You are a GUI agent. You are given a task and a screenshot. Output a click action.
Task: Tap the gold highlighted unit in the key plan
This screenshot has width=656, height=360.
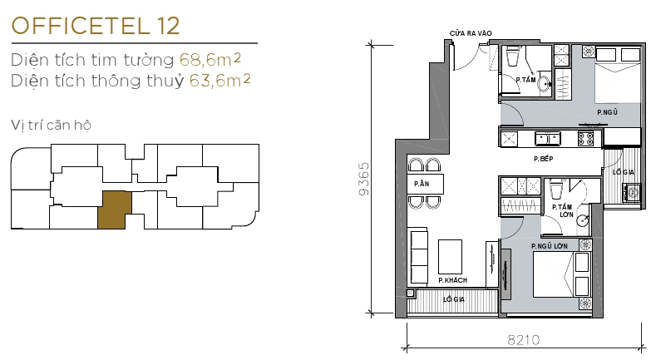(x=114, y=209)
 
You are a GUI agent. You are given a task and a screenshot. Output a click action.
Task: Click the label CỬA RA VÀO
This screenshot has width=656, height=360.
(x=471, y=33)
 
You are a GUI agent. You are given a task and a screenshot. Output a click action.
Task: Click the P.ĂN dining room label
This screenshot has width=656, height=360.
(x=421, y=183)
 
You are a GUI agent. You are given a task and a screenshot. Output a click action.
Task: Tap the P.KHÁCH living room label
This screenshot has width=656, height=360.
(x=452, y=280)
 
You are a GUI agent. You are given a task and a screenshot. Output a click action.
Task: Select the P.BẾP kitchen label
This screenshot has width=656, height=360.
(x=544, y=158)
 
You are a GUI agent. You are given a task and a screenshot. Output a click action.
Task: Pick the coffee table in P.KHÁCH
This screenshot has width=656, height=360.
(x=451, y=255)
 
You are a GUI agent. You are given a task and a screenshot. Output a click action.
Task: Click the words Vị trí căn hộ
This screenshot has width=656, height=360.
(x=52, y=126)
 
